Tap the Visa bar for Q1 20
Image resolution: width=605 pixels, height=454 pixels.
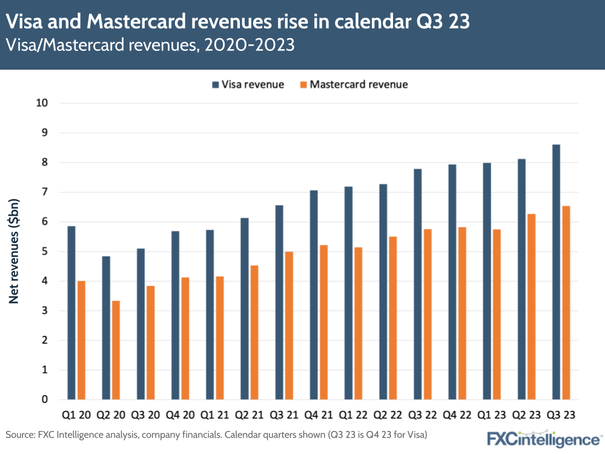pyautogui.click(x=71, y=312)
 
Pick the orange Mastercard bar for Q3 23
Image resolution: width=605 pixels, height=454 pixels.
pyautogui.click(x=566, y=302)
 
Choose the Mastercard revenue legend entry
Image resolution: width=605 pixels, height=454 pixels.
pyautogui.click(x=352, y=84)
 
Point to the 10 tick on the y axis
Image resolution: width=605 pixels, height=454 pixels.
pyautogui.click(x=42, y=103)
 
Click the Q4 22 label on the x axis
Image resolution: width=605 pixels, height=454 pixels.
pyautogui.click(x=457, y=415)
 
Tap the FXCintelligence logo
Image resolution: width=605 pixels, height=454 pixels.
pyautogui.click(x=543, y=438)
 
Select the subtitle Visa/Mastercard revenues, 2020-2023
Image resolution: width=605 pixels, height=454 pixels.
pyautogui.click(x=150, y=46)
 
